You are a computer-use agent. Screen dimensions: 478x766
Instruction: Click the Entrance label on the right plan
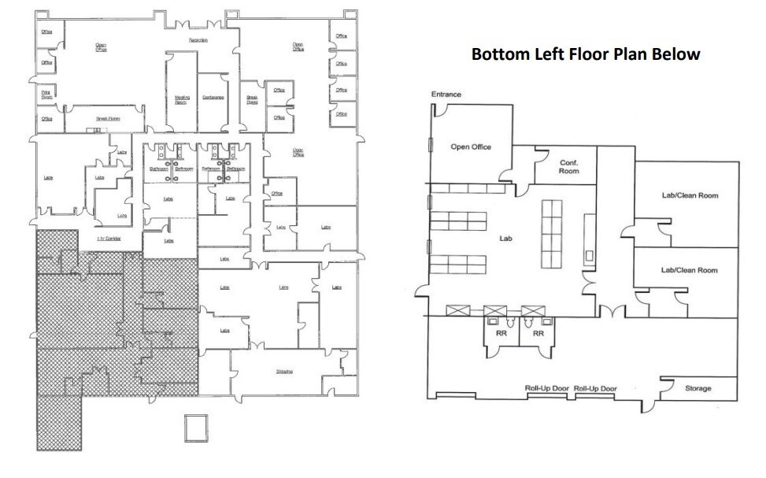coord(446,94)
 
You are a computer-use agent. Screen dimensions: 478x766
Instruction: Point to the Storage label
coord(698,388)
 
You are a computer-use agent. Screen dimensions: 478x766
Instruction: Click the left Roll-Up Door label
coord(548,388)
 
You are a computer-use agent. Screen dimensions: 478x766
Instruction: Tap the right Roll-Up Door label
coord(595,388)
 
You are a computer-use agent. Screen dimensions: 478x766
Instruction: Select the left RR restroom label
coord(501,334)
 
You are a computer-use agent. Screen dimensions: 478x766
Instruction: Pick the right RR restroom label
coord(538,334)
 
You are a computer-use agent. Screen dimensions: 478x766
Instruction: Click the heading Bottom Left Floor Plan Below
coord(585,55)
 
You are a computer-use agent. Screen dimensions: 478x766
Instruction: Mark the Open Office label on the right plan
coord(471,146)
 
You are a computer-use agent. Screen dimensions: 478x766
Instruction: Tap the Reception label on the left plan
coord(198,39)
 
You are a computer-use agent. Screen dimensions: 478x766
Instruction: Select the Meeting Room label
coord(180,100)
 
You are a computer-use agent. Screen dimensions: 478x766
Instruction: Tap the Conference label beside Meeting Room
coord(213,98)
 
